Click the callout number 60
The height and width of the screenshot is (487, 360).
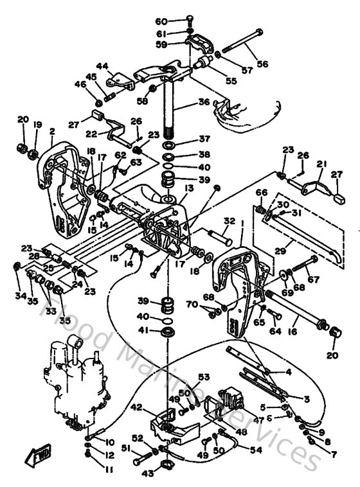pos(161,21)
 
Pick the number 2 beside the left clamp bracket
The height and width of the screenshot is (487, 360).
pos(50,131)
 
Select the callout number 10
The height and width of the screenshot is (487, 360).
pos(109,443)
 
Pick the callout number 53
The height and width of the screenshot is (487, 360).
pos(204,377)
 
